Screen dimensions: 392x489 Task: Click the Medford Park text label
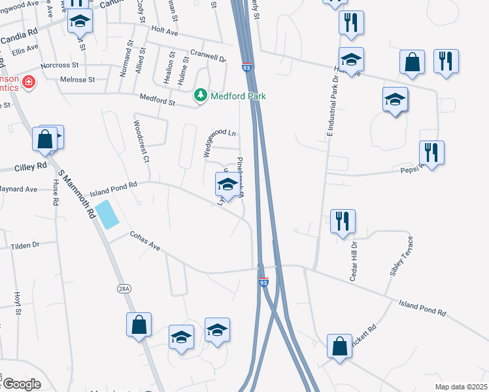tap(238, 97)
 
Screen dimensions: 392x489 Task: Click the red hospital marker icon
tap(28, 82)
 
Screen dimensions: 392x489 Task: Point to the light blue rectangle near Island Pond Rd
tap(107, 215)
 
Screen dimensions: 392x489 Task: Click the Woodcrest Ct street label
tap(142, 140)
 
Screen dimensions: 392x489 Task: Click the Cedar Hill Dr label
tap(354, 261)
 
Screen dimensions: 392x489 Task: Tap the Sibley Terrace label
tap(401, 255)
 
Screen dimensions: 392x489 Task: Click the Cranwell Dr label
tap(208, 57)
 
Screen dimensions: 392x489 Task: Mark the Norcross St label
tap(59, 66)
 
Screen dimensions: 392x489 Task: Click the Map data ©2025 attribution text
tap(460, 387)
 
